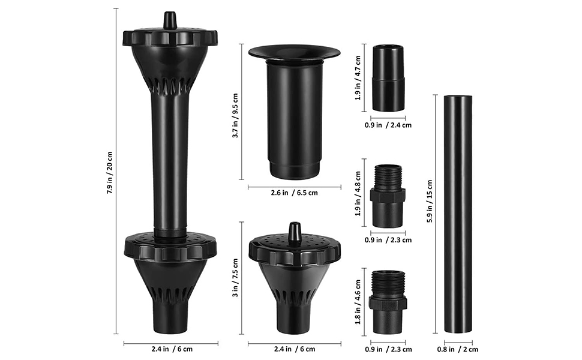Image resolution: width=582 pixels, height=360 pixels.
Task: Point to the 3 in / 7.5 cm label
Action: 236,279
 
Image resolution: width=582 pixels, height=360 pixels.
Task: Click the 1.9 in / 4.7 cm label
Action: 358,77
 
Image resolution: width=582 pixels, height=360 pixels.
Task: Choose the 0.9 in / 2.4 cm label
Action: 388,125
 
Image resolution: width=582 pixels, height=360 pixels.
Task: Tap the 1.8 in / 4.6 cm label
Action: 358,301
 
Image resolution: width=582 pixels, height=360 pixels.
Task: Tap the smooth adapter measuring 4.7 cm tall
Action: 388,77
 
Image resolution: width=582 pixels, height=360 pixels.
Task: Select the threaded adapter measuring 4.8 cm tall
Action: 388,196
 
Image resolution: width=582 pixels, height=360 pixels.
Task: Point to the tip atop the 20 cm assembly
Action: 170,19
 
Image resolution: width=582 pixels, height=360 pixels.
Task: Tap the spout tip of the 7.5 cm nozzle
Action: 294,232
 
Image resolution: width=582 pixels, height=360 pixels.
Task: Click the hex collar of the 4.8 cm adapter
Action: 388,196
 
